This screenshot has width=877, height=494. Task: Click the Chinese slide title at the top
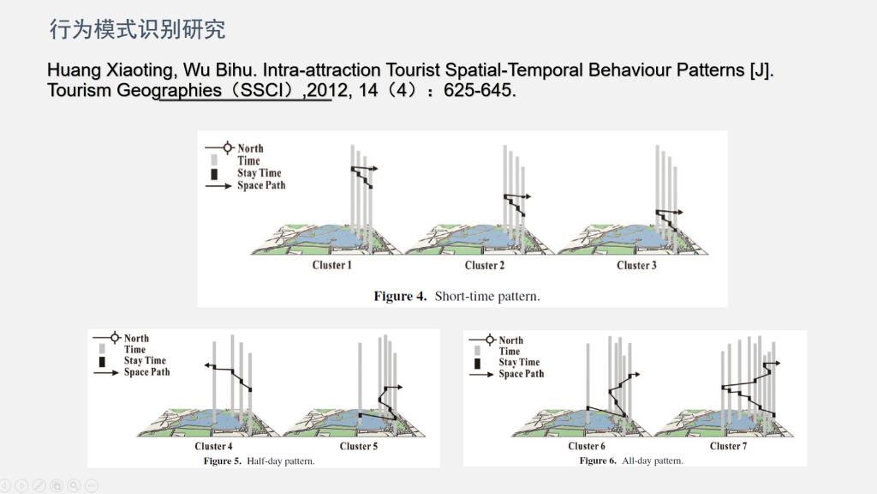(x=138, y=29)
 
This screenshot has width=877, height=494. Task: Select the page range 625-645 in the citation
(x=478, y=89)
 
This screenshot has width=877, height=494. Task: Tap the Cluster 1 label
(x=331, y=265)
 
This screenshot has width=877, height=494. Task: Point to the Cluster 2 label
(x=485, y=265)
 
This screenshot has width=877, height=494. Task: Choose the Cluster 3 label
(x=636, y=265)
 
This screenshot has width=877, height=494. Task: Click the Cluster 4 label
(x=213, y=446)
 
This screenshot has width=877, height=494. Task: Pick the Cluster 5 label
(x=359, y=446)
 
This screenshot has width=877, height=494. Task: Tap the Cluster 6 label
(x=586, y=446)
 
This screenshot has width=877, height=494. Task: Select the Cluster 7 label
(x=728, y=446)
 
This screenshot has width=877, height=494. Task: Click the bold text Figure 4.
(x=400, y=296)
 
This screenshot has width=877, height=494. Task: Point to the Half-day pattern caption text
(x=281, y=461)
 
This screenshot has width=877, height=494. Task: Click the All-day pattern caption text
(x=653, y=461)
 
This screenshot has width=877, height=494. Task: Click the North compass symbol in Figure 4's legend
(x=228, y=148)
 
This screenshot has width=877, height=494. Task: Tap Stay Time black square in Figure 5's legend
(x=102, y=361)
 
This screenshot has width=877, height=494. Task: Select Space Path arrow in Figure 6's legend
(x=481, y=374)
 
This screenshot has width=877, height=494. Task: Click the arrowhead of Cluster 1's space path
(x=375, y=168)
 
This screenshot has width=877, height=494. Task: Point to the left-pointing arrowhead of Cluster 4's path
(x=207, y=365)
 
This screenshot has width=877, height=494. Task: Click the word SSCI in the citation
(x=261, y=89)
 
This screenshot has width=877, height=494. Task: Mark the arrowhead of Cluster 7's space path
(x=777, y=363)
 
